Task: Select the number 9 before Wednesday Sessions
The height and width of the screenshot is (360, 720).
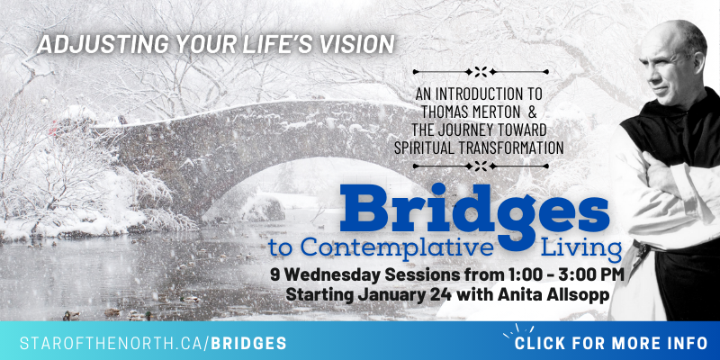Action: click(x=274, y=275)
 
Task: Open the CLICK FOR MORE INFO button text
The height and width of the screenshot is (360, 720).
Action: click(x=611, y=343)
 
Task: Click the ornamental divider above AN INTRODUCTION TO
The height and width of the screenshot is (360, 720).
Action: click(x=481, y=72)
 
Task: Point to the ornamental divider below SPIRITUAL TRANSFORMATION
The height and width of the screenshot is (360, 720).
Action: click(x=481, y=166)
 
